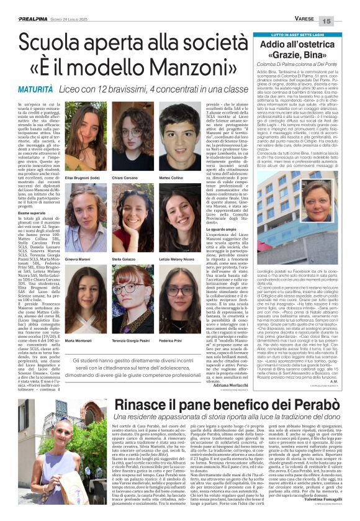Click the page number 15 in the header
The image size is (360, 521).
pyautogui.click(x=346, y=21)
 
